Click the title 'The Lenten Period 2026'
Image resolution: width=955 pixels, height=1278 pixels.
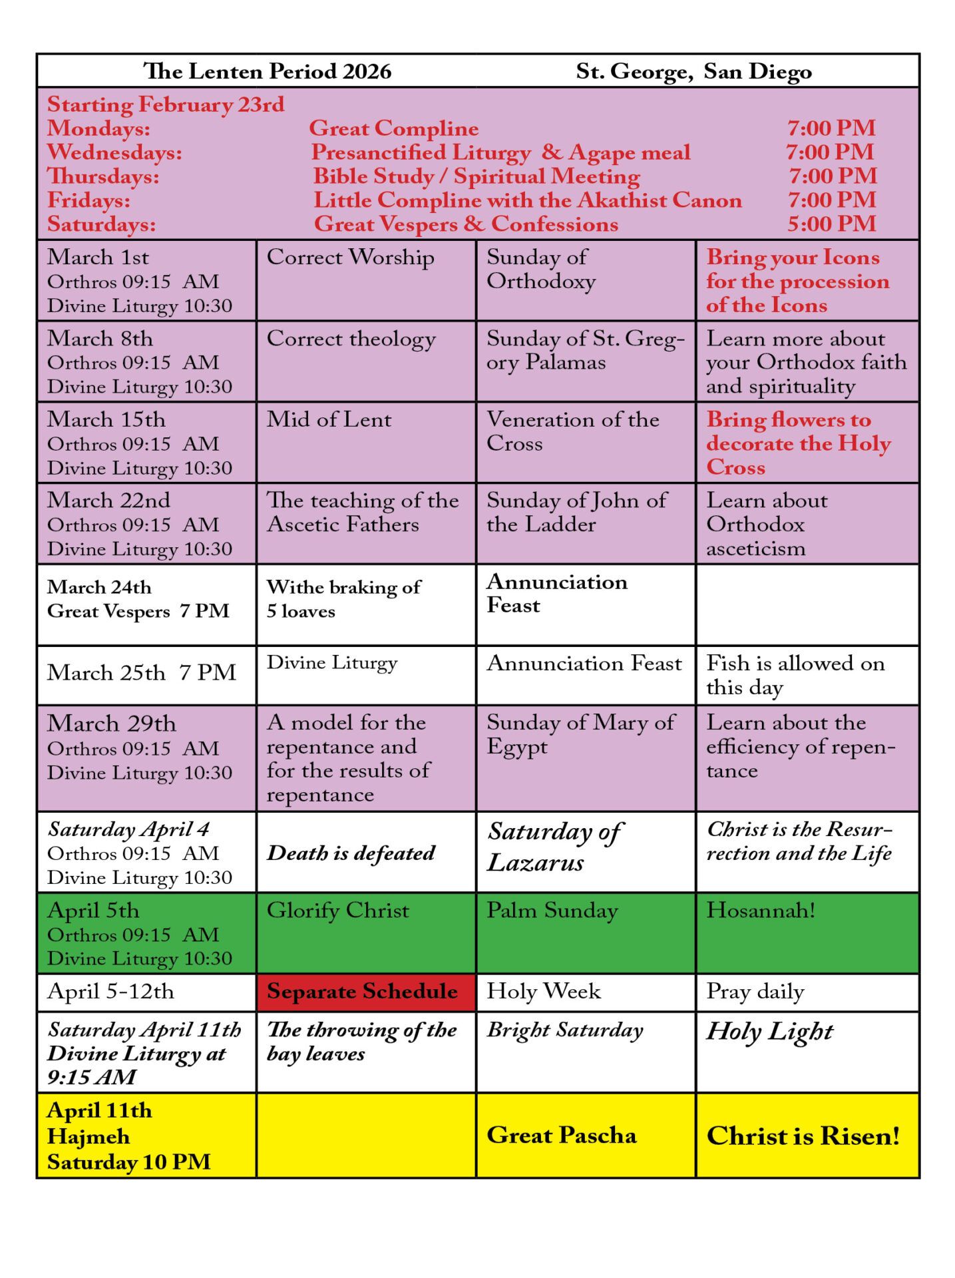267,71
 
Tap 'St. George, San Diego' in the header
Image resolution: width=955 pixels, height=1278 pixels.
693,71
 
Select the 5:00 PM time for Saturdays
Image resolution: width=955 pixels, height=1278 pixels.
831,224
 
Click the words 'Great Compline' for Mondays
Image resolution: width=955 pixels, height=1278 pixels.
393,128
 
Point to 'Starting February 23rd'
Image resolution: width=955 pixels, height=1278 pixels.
165,105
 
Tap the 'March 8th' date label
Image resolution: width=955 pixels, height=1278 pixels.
100,338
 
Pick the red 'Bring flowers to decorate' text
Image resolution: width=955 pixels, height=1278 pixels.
798,443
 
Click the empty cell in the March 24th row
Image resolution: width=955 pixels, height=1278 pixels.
807,604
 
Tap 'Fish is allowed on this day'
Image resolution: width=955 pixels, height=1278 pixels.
795,674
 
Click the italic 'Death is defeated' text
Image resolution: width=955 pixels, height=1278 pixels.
351,853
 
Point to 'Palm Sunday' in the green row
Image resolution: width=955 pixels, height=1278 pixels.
552,911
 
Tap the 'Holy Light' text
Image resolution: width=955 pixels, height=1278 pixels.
769,1031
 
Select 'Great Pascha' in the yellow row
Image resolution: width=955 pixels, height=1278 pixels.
561,1135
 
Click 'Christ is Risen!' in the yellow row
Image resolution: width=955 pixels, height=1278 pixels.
803,1136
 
